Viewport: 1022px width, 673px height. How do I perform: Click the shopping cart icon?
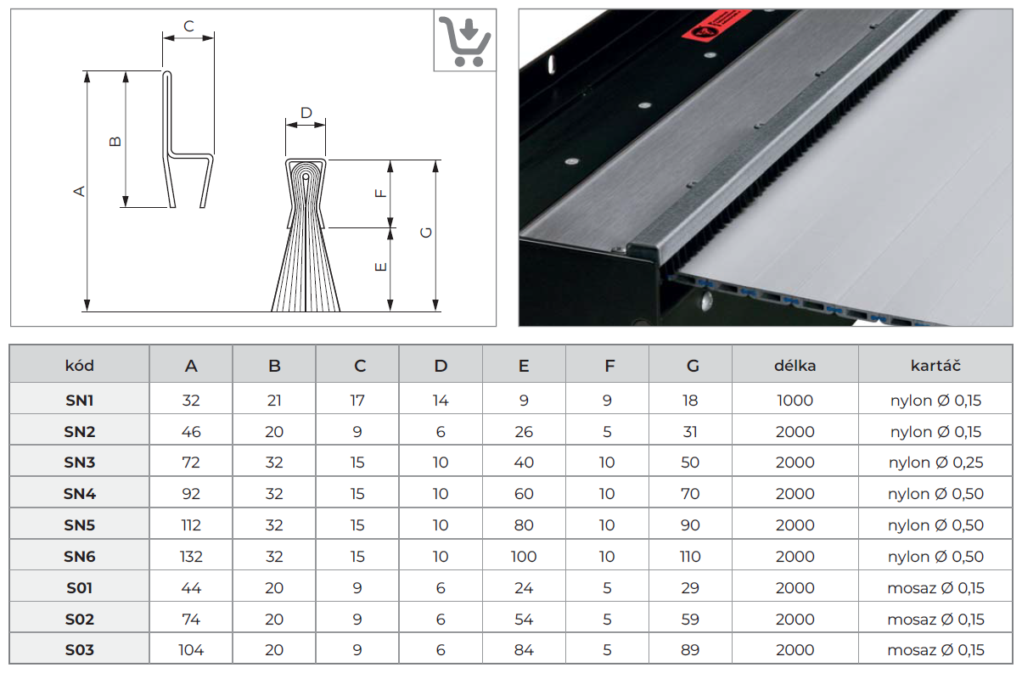(x=464, y=41)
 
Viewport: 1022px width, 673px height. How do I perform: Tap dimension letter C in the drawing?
(x=188, y=26)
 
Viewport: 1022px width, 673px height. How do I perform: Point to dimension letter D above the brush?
(x=306, y=113)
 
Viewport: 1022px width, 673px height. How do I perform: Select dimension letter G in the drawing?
(x=426, y=233)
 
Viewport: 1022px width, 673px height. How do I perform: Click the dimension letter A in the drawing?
(x=80, y=191)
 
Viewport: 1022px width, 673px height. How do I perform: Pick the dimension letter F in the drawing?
(x=381, y=192)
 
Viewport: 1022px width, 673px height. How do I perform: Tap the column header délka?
(x=795, y=366)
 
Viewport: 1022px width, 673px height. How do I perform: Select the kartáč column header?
(x=935, y=366)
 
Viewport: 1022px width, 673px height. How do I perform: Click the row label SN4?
(x=80, y=494)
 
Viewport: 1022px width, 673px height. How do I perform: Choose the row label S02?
(x=80, y=620)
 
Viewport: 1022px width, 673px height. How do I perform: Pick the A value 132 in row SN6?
(x=191, y=557)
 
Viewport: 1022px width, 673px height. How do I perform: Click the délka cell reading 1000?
(x=795, y=401)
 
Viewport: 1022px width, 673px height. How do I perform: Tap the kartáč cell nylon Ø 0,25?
(x=935, y=463)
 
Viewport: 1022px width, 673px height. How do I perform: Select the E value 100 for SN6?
(x=524, y=557)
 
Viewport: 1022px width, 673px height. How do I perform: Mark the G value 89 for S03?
(x=690, y=651)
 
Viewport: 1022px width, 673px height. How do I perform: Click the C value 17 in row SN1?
(x=357, y=401)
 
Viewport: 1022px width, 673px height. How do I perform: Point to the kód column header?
(x=80, y=366)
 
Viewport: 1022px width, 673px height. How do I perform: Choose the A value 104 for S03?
(x=191, y=651)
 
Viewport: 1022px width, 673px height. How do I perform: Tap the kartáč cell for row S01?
(x=935, y=588)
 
